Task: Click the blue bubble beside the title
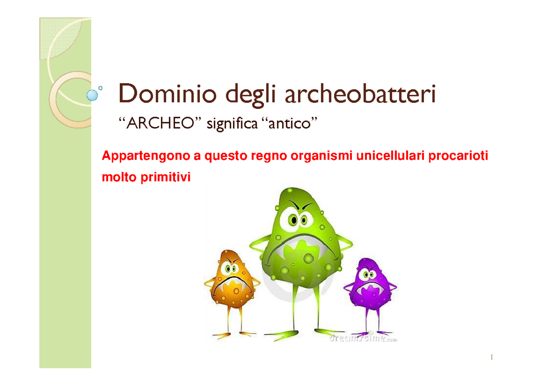point(93,95)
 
